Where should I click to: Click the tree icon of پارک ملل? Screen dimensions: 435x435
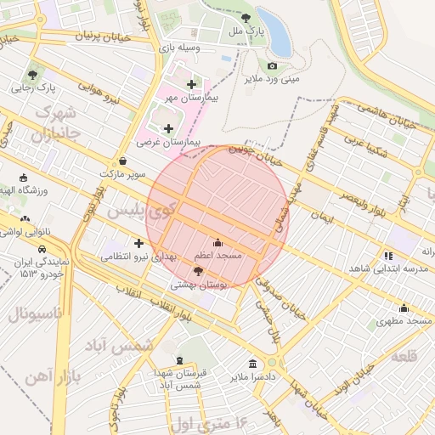[x=246, y=17]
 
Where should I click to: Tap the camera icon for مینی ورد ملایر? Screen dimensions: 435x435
[x=273, y=65]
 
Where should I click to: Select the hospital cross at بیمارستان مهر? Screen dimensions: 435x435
[x=191, y=84]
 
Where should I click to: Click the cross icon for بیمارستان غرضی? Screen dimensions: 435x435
[x=168, y=127]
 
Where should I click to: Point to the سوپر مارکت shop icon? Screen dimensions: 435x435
[x=123, y=160]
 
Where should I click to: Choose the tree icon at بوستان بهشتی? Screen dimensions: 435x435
[x=199, y=272]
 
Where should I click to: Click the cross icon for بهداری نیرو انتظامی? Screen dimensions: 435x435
[x=138, y=243]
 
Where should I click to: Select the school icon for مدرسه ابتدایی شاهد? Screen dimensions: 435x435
[x=388, y=255]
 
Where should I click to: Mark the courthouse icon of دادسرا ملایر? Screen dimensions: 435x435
[x=251, y=363]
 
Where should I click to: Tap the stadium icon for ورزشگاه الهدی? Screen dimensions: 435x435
[x=23, y=178]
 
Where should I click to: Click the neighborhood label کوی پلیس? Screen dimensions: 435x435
[x=137, y=209]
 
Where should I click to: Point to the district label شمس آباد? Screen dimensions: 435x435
[x=123, y=346]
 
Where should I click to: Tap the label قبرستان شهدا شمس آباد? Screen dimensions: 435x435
[x=174, y=380]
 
